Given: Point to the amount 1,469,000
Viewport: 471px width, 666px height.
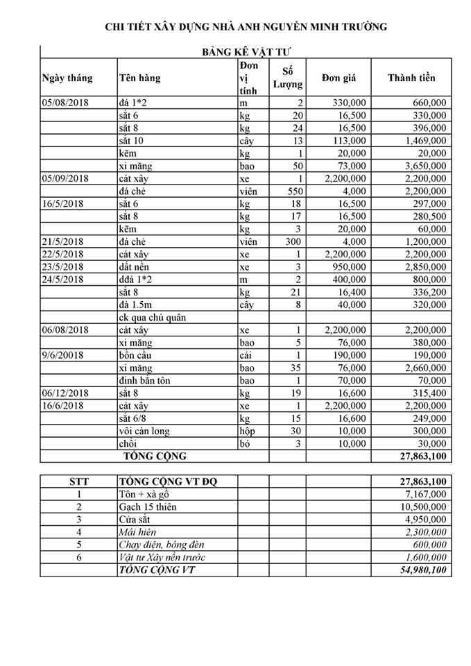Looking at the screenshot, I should (422, 141).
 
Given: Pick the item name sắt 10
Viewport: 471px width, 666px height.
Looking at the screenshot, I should (131, 141).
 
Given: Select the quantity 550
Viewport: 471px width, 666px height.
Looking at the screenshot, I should (295, 191).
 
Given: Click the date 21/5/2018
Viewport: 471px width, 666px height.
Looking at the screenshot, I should (63, 241).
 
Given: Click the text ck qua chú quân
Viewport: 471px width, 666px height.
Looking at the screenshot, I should (154, 318).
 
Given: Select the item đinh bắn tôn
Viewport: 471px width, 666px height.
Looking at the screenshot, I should (145, 381).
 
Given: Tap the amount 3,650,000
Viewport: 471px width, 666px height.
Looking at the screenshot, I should (422, 166).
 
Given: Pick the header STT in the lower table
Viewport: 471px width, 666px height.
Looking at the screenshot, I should (78, 481).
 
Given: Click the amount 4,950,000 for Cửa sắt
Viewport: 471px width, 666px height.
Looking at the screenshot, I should (422, 520).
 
